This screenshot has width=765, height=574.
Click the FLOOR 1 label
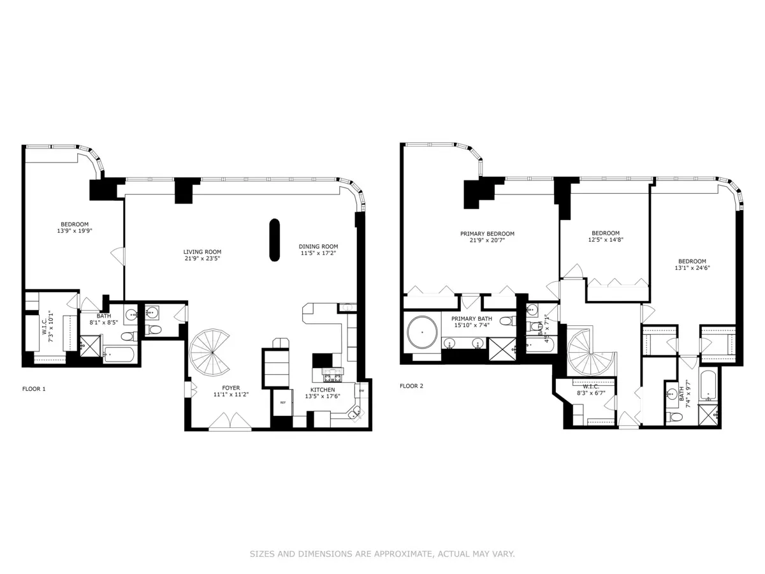[x=34, y=388]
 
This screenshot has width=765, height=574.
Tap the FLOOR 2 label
[x=411, y=386]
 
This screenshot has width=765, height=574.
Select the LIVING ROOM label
[x=202, y=252]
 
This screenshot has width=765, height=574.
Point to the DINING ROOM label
[x=318, y=247]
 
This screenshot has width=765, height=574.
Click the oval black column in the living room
[x=274, y=239]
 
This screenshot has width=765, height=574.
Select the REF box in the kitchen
[x=282, y=402]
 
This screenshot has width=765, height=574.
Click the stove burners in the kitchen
[x=332, y=371]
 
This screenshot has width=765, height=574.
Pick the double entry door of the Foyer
[x=229, y=422]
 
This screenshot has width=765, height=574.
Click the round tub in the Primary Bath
[x=421, y=332]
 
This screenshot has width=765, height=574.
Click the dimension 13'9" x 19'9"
[x=75, y=232]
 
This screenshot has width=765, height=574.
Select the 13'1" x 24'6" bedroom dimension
[x=692, y=269]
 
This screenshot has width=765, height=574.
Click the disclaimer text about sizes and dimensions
[x=382, y=554]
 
